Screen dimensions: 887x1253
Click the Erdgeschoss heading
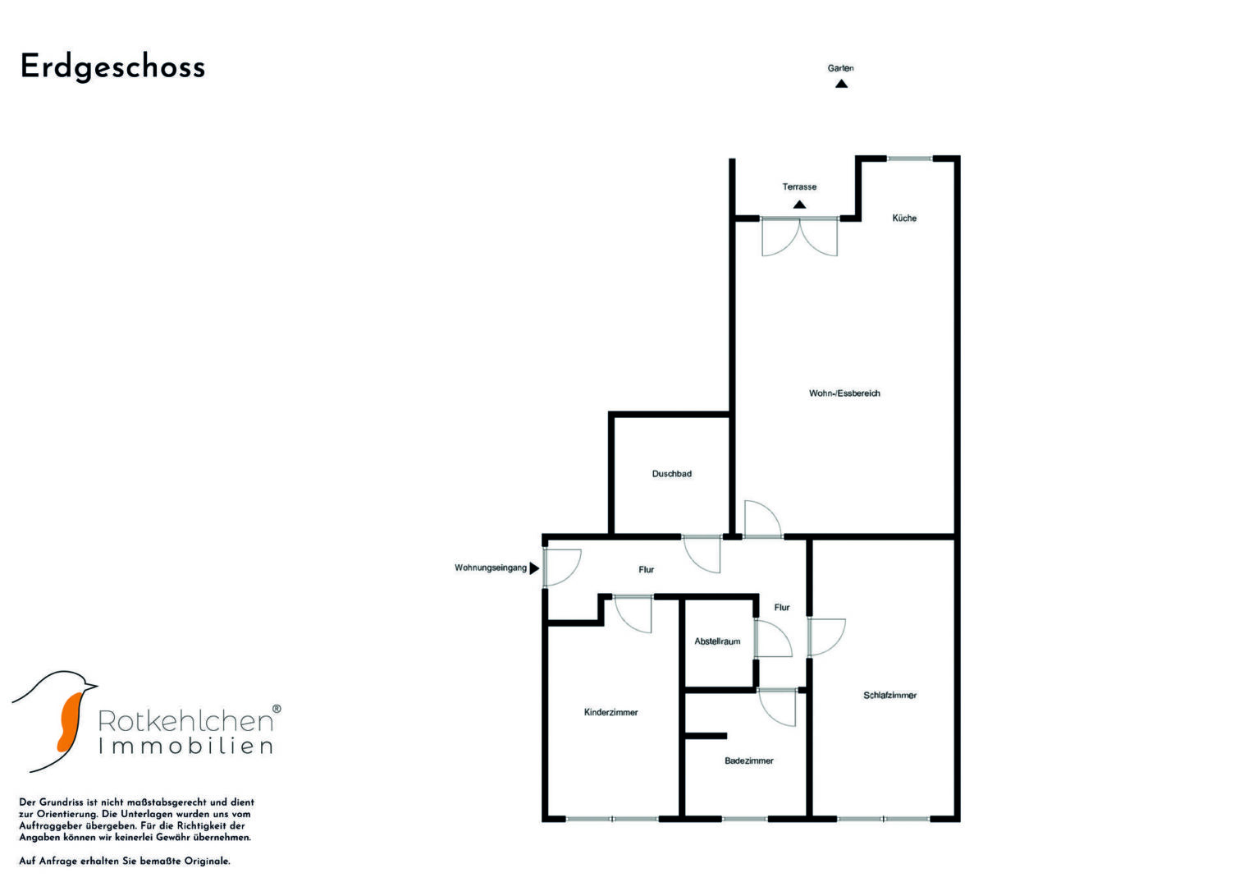[112, 67]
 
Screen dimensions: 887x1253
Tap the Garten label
[840, 68]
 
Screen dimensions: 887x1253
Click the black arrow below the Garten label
[841, 83]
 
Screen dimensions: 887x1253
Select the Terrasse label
[799, 186]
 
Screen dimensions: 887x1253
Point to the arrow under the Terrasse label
[799, 205]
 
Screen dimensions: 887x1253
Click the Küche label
[904, 218]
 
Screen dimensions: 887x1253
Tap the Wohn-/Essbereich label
[844, 393]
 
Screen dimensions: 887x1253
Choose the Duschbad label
[671, 474]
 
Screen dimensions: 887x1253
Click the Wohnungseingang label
[491, 568]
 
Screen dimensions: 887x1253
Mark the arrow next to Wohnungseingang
[534, 568]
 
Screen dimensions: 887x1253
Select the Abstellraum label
[717, 641]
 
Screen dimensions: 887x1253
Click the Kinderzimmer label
[610, 712]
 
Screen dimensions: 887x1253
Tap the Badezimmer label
[748, 761]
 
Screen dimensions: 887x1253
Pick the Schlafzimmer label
[889, 696]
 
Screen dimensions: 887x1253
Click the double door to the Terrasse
[799, 236]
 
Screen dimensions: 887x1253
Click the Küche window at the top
[909, 158]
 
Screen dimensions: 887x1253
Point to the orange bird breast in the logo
[67, 720]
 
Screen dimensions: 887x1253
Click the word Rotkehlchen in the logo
[185, 721]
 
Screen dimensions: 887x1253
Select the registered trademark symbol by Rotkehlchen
[277, 708]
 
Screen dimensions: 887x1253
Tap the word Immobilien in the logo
[185, 747]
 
